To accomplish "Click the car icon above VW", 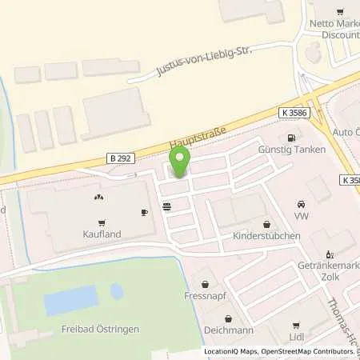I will [302, 203].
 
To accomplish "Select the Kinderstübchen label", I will [266, 237].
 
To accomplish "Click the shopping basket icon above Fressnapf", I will [206, 283].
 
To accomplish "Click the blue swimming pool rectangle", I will [60, 301].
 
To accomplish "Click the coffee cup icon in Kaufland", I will [145, 212].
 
